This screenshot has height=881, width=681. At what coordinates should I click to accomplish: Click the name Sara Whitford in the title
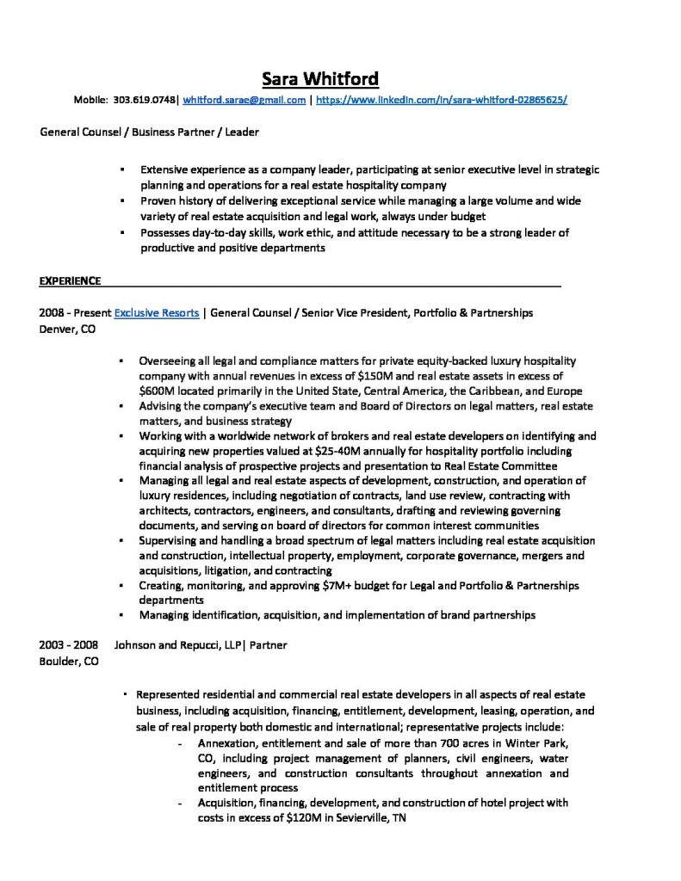319,79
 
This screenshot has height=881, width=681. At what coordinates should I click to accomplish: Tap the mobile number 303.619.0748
143,101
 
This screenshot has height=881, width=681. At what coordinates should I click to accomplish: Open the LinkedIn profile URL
442,101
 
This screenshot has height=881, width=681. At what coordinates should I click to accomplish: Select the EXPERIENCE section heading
71,280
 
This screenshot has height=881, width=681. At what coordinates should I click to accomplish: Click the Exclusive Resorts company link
157,313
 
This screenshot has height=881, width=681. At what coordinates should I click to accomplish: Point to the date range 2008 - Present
75,313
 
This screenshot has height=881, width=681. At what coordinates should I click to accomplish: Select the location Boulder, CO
69,662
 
